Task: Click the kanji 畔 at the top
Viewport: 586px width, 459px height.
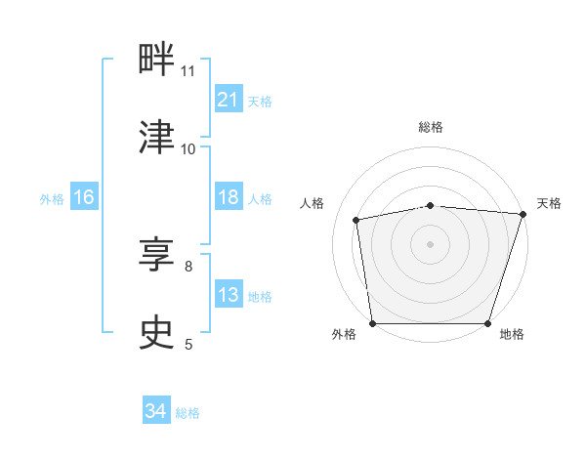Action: point(156,59)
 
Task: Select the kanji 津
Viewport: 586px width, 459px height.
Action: point(156,137)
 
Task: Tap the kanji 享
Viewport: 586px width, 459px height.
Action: point(156,254)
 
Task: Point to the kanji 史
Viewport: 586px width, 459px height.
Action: point(156,332)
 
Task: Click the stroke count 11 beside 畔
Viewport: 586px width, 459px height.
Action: point(188,71)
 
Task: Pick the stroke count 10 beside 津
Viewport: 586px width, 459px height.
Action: point(188,149)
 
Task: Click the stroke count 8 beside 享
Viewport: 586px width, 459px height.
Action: point(188,267)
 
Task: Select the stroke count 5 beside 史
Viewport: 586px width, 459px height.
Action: point(188,344)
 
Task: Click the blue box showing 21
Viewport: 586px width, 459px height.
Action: point(229,99)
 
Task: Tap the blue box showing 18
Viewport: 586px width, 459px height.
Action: point(229,196)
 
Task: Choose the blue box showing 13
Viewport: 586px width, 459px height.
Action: point(229,293)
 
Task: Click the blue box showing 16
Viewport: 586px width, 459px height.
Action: point(84,196)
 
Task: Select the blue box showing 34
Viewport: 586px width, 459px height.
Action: point(156,409)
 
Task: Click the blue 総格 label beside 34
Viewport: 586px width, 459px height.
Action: point(188,413)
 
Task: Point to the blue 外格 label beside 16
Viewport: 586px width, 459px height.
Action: point(52,199)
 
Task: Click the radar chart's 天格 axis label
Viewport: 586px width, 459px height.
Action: point(549,203)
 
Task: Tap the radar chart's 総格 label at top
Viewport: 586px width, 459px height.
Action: point(431,127)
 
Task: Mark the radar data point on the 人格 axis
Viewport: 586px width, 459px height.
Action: point(356,220)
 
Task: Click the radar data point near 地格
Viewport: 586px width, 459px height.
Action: point(487,323)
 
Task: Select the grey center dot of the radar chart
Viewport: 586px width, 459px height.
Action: point(430,244)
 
